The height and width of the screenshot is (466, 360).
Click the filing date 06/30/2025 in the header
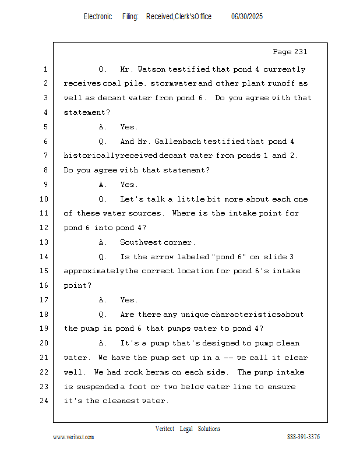[x=247, y=17]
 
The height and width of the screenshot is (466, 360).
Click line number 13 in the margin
[x=44, y=242]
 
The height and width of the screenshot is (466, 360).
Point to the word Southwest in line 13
[x=140, y=242]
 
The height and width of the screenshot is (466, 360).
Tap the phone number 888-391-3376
[x=303, y=437]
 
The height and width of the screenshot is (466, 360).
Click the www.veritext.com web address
[x=73, y=437]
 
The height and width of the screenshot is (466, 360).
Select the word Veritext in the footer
[x=165, y=429]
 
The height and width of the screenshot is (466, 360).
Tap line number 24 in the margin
[x=44, y=401]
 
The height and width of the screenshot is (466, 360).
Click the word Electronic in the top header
[x=98, y=17]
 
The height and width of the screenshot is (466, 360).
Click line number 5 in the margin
[x=45, y=127]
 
